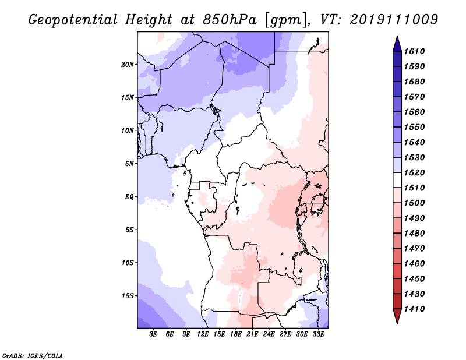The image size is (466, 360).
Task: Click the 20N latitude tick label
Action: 128,64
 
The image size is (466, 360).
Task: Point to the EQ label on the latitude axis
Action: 129,196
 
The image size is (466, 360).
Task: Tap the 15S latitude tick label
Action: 128,295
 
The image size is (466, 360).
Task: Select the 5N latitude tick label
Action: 130,164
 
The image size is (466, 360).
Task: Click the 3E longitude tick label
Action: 154,334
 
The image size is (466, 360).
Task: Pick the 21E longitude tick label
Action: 252,334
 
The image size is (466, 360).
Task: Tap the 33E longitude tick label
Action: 318,334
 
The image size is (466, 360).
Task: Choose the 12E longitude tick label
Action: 203,334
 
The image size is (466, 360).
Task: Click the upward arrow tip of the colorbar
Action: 397,38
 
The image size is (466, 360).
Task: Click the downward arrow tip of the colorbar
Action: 397,322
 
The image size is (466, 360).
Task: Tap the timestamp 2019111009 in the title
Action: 394,20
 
